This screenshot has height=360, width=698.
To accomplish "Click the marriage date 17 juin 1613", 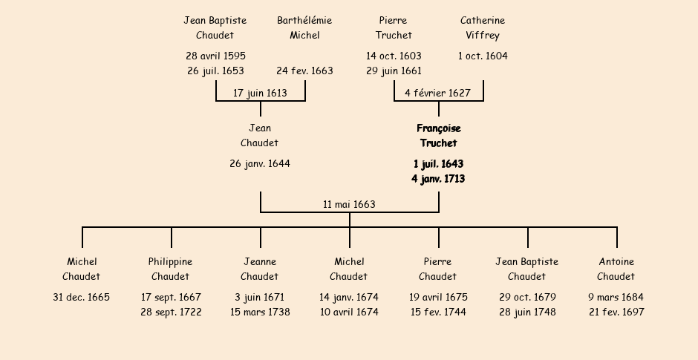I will [x=260, y=94].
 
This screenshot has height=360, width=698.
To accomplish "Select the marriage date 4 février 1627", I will [x=438, y=94].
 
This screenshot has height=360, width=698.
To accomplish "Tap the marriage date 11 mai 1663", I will [x=349, y=205].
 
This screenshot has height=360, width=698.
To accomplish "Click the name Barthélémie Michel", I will [x=304, y=27].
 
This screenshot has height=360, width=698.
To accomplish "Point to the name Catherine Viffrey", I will [x=483, y=27].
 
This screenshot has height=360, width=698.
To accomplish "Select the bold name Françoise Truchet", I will [x=438, y=136].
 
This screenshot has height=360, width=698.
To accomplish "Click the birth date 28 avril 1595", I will [x=215, y=56].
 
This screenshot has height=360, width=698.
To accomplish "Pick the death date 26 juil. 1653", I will [x=215, y=71].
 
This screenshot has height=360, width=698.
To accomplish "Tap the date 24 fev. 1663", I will [x=304, y=71].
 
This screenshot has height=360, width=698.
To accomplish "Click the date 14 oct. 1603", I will [x=394, y=56].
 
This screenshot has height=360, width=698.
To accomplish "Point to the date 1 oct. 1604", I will [x=483, y=56].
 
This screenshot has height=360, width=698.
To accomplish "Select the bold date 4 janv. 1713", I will [x=438, y=179].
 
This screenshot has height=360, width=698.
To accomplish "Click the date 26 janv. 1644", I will [x=260, y=164].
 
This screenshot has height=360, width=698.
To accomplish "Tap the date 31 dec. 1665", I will [x=82, y=298].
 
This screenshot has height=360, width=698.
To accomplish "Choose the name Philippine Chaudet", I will [x=171, y=269].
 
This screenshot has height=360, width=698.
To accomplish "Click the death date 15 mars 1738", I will [x=260, y=312].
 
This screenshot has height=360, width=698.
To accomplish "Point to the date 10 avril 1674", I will [x=349, y=312].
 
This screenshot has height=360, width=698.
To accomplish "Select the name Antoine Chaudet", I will [x=616, y=269].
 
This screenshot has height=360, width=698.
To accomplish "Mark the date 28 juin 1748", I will [x=527, y=312].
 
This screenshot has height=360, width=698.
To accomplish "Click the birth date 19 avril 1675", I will [x=438, y=298].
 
